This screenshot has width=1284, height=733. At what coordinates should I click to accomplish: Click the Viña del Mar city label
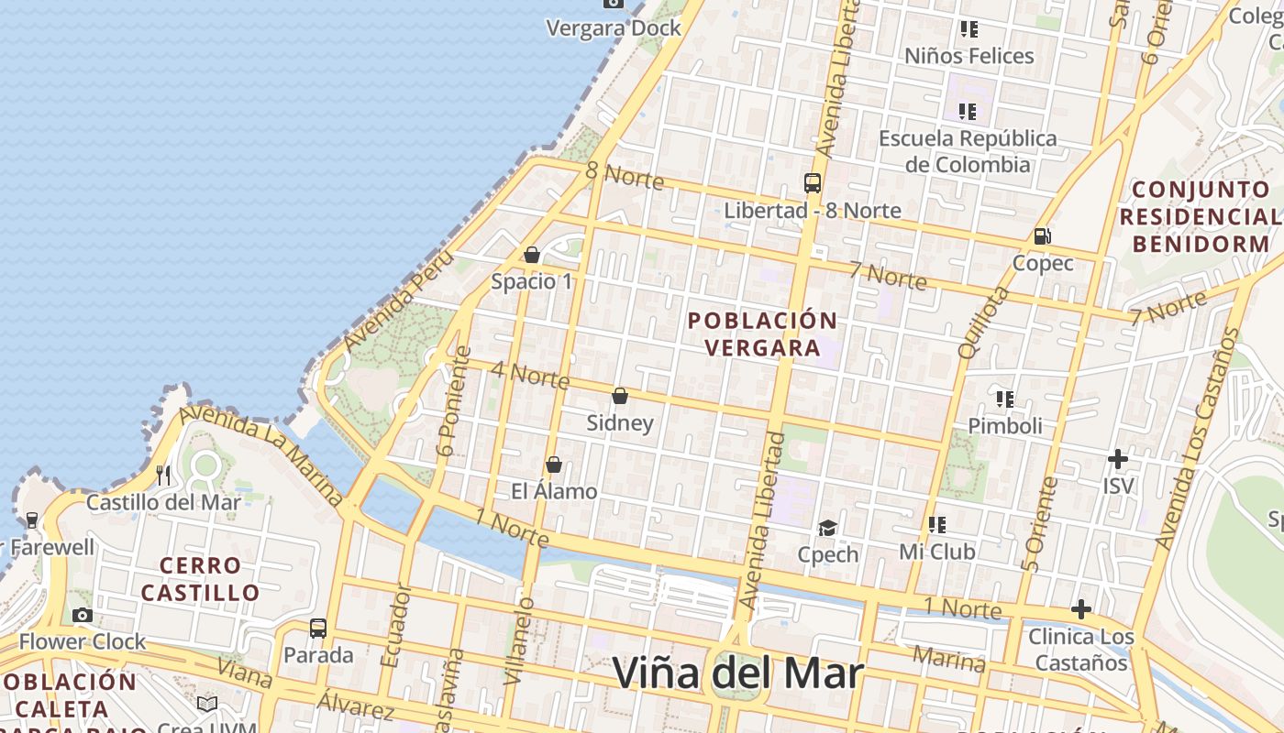click(x=737, y=674)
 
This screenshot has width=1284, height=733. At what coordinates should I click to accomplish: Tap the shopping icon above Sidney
click(x=620, y=396)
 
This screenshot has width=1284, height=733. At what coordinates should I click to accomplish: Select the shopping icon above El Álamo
click(x=553, y=465)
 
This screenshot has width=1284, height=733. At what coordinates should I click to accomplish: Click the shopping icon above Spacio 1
click(x=532, y=254)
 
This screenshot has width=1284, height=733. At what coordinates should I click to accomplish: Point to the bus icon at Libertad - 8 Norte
click(x=813, y=182)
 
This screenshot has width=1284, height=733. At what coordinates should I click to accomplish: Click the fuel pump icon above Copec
click(x=1042, y=236)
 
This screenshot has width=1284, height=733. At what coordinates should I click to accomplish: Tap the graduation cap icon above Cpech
click(x=828, y=528)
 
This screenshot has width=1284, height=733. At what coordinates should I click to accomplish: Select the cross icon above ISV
click(x=1118, y=458)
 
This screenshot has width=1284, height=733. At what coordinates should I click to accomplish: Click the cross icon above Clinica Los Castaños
click(x=1081, y=608)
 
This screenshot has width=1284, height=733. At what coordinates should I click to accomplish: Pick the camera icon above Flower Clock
click(x=83, y=615)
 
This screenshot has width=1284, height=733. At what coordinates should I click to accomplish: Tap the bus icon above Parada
click(x=318, y=629)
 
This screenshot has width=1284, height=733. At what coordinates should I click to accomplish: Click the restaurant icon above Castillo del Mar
click(x=164, y=475)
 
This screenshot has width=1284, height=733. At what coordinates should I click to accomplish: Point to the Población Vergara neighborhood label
click(x=762, y=334)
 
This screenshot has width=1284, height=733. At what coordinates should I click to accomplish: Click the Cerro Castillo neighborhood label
click(x=200, y=579)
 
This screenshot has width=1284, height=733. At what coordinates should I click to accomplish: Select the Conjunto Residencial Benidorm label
click(x=1199, y=217)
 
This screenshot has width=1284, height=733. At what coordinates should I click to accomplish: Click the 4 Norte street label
click(x=530, y=375)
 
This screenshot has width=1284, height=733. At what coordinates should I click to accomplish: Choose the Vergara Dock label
click(x=614, y=28)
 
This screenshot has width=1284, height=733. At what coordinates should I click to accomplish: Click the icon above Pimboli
click(x=1005, y=399)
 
